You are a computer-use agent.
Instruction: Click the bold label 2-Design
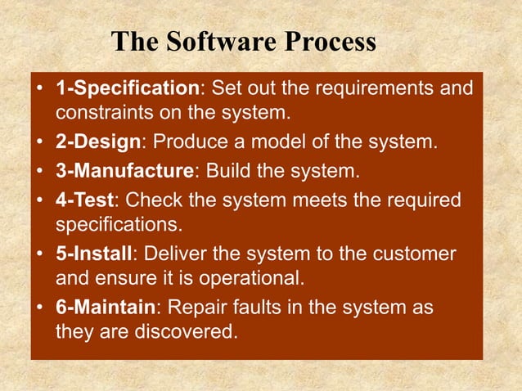(x=98, y=144)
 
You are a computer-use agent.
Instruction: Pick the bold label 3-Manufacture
(x=124, y=172)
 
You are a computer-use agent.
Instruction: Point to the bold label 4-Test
(x=87, y=200)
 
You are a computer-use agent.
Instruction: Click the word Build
(x=227, y=172)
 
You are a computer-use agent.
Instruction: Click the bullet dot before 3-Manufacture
(x=40, y=173)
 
